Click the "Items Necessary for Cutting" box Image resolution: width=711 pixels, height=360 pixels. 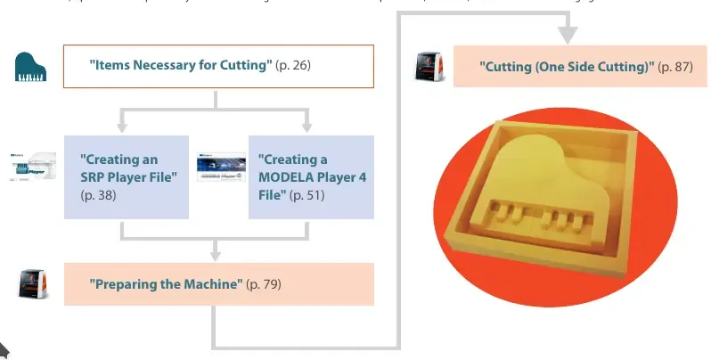218,66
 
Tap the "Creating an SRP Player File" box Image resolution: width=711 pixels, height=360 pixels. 127,176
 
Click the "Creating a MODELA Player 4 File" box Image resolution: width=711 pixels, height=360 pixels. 311,176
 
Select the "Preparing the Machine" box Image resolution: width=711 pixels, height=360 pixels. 218,283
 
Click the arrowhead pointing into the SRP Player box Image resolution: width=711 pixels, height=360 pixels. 122,126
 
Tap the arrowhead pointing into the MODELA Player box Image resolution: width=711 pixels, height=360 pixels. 307,126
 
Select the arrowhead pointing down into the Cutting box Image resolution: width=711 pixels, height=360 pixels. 568,36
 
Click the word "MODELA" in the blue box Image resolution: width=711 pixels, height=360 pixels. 286,176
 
